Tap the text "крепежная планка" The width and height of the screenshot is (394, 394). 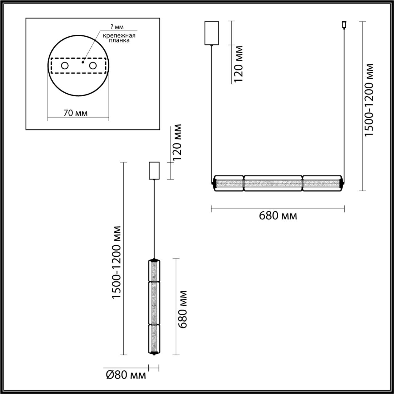(119, 38)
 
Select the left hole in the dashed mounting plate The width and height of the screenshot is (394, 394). (65, 66)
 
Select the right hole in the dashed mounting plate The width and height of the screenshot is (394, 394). (93, 66)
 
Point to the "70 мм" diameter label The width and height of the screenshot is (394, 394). (75, 113)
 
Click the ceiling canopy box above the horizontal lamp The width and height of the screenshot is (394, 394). (211, 33)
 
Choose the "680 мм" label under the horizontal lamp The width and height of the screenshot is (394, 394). (278, 216)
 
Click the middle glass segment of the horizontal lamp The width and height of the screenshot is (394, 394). (273, 183)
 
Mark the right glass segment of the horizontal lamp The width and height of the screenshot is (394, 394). (321, 183)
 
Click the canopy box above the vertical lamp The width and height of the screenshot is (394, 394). (154, 171)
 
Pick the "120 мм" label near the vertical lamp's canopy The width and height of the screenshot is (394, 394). (177, 143)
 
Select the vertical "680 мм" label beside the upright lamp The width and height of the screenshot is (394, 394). (183, 309)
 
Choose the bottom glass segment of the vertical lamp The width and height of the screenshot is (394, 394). (154, 339)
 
